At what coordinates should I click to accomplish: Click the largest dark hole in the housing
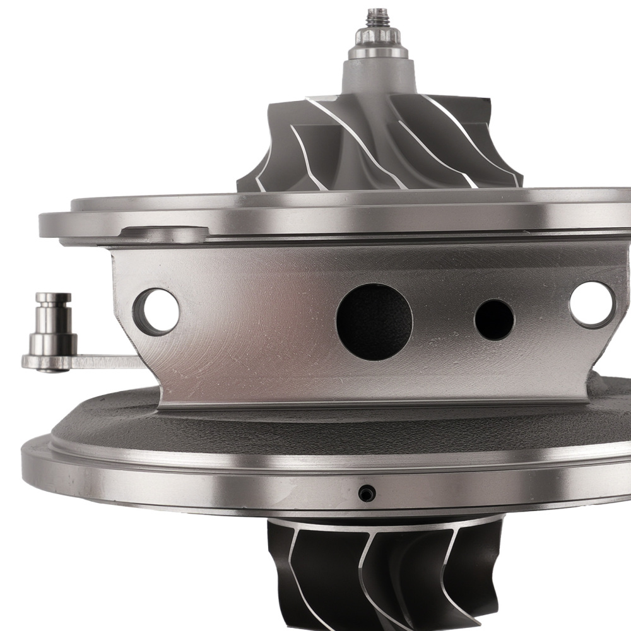(374, 322)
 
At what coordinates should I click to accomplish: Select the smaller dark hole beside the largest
(494, 319)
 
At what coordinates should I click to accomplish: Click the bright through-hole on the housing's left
(156, 311)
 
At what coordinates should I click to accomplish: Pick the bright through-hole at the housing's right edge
(591, 305)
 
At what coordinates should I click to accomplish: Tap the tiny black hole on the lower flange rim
(366, 494)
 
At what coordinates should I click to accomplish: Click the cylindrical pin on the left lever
(53, 322)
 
